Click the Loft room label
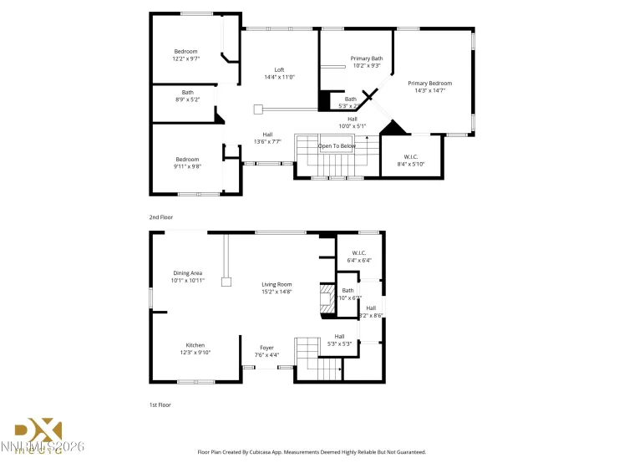[279, 69]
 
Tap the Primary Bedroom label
[429, 83]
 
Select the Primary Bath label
[366, 58]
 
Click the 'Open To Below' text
[337, 145]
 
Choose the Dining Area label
[187, 272]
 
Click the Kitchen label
[195, 345]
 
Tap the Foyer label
[266, 348]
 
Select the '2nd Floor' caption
[161, 217]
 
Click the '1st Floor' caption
[160, 404]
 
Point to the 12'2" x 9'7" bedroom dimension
[185, 58]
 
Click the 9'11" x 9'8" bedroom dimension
[187, 166]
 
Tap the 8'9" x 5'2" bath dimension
[187, 99]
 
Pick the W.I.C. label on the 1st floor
[359, 252]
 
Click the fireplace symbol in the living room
[327, 298]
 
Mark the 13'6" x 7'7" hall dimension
[267, 141]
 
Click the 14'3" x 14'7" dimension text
[429, 90]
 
